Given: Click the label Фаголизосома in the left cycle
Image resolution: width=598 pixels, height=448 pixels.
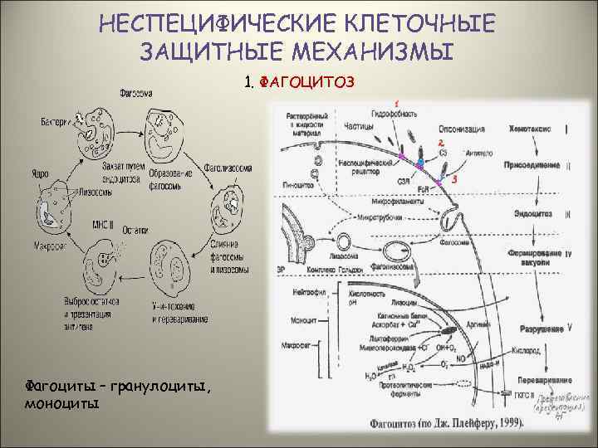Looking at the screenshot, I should pos(228,166).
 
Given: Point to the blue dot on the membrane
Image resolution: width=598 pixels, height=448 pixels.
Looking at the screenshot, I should pos(420,160).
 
